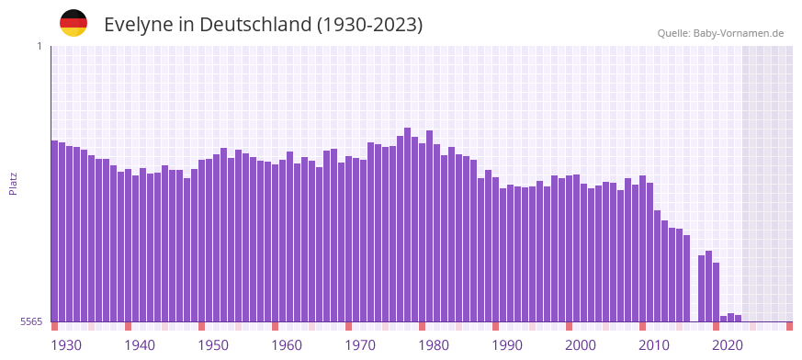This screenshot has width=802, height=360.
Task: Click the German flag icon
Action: pos(73,24)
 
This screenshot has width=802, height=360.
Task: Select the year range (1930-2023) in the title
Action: pos(370,25)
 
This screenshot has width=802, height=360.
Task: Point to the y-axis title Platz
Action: pos(13,183)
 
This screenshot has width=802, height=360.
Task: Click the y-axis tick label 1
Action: pos(40,46)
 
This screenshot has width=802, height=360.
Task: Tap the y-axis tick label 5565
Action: pos(30,321)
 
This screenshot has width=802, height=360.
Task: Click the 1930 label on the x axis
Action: pos(66,345)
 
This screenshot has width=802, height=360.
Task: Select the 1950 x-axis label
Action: pos(213,345)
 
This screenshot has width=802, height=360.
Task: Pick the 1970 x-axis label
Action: pos(360,345)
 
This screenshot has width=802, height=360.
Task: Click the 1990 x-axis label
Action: pos(507,345)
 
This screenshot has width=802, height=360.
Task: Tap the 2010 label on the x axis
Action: pos(654,345)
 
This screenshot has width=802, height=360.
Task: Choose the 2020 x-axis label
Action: pos(728,345)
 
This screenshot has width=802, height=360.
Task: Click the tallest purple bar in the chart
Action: pos(407,225)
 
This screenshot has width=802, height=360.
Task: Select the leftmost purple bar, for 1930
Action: pos(54,231)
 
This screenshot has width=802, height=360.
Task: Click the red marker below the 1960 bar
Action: pos(275,326)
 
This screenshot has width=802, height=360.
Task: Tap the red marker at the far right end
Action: pos(789,326)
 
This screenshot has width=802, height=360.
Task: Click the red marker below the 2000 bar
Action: pos(569,326)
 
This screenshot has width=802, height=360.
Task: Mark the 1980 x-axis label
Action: pos(434,345)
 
